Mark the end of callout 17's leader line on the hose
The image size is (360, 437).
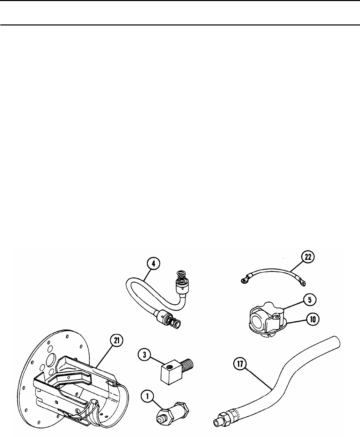pos(272,389)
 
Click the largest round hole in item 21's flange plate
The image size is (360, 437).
pos(51,360)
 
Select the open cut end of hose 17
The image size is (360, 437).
pos(336,343)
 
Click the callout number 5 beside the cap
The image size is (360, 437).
pos(309,300)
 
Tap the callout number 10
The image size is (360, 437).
pos(313,319)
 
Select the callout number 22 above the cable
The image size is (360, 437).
pos(308,257)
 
